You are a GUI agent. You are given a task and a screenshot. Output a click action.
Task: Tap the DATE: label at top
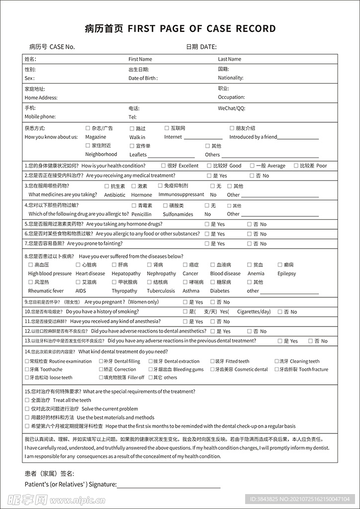[x=208, y=47]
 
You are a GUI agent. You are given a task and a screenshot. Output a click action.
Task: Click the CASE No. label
[x=62, y=47]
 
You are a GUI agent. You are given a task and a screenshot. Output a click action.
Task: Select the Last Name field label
[x=229, y=59]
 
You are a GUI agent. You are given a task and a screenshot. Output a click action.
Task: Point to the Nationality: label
[x=231, y=78]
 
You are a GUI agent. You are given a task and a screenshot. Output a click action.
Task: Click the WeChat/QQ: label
[x=232, y=108]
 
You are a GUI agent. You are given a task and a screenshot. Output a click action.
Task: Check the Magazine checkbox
[x=88, y=128]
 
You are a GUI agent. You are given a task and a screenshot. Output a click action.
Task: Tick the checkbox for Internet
[x=167, y=128]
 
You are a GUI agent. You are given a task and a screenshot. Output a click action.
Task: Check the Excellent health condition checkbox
[x=164, y=166]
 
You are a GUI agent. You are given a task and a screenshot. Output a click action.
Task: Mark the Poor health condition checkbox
[x=296, y=166]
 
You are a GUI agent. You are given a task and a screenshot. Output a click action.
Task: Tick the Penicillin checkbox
[x=134, y=205]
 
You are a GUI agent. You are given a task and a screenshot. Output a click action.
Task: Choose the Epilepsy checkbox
[x=280, y=265]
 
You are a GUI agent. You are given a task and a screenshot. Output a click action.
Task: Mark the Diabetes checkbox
[x=213, y=282]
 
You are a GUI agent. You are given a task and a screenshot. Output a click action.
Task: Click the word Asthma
[x=191, y=291]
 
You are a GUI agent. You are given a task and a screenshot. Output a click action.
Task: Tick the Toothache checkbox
[x=27, y=369]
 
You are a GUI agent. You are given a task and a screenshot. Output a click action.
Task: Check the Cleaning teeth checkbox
[x=276, y=361]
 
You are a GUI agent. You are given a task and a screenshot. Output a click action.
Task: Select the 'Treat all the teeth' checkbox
[x=27, y=400]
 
